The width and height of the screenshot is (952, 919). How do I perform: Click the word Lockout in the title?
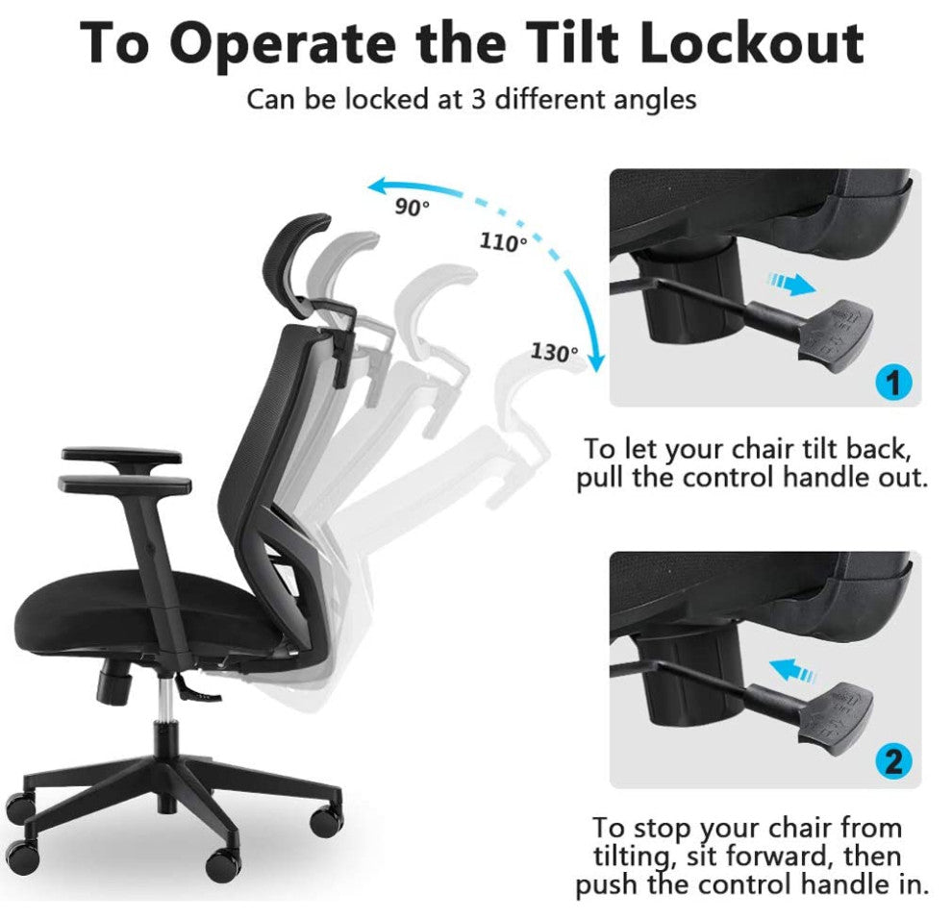(x=752, y=42)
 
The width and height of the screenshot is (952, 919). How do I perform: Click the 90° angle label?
(x=413, y=207)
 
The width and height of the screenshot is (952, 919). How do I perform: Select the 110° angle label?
(x=503, y=242)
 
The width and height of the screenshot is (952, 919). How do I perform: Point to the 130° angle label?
(x=554, y=352)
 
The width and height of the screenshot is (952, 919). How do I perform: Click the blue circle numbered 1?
(x=893, y=383)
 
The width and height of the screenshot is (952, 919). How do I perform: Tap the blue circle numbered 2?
(x=893, y=760)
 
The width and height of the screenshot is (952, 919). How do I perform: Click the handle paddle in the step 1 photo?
(x=837, y=334)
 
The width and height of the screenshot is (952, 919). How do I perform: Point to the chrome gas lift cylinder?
(x=163, y=698)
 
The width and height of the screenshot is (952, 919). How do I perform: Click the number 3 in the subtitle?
(x=479, y=99)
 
